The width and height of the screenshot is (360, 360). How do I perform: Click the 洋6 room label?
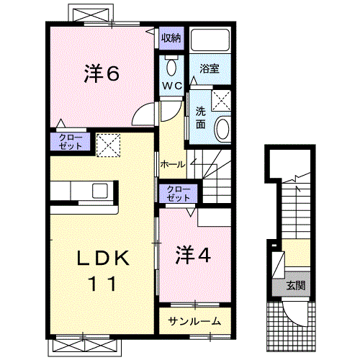[x=102, y=75]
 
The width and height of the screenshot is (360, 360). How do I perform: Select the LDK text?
[x=103, y=258]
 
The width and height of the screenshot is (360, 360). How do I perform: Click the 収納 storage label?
[x=171, y=37]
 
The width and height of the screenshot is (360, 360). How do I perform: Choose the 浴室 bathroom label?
[x=210, y=69]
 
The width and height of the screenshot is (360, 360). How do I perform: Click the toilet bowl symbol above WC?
[x=171, y=67]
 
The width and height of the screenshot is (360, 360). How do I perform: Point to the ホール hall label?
[x=174, y=164]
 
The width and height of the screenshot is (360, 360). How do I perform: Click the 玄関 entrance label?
[x=295, y=285]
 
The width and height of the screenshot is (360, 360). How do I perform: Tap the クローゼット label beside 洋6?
[x=71, y=142]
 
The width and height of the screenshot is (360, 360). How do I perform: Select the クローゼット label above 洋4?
[x=176, y=193]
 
